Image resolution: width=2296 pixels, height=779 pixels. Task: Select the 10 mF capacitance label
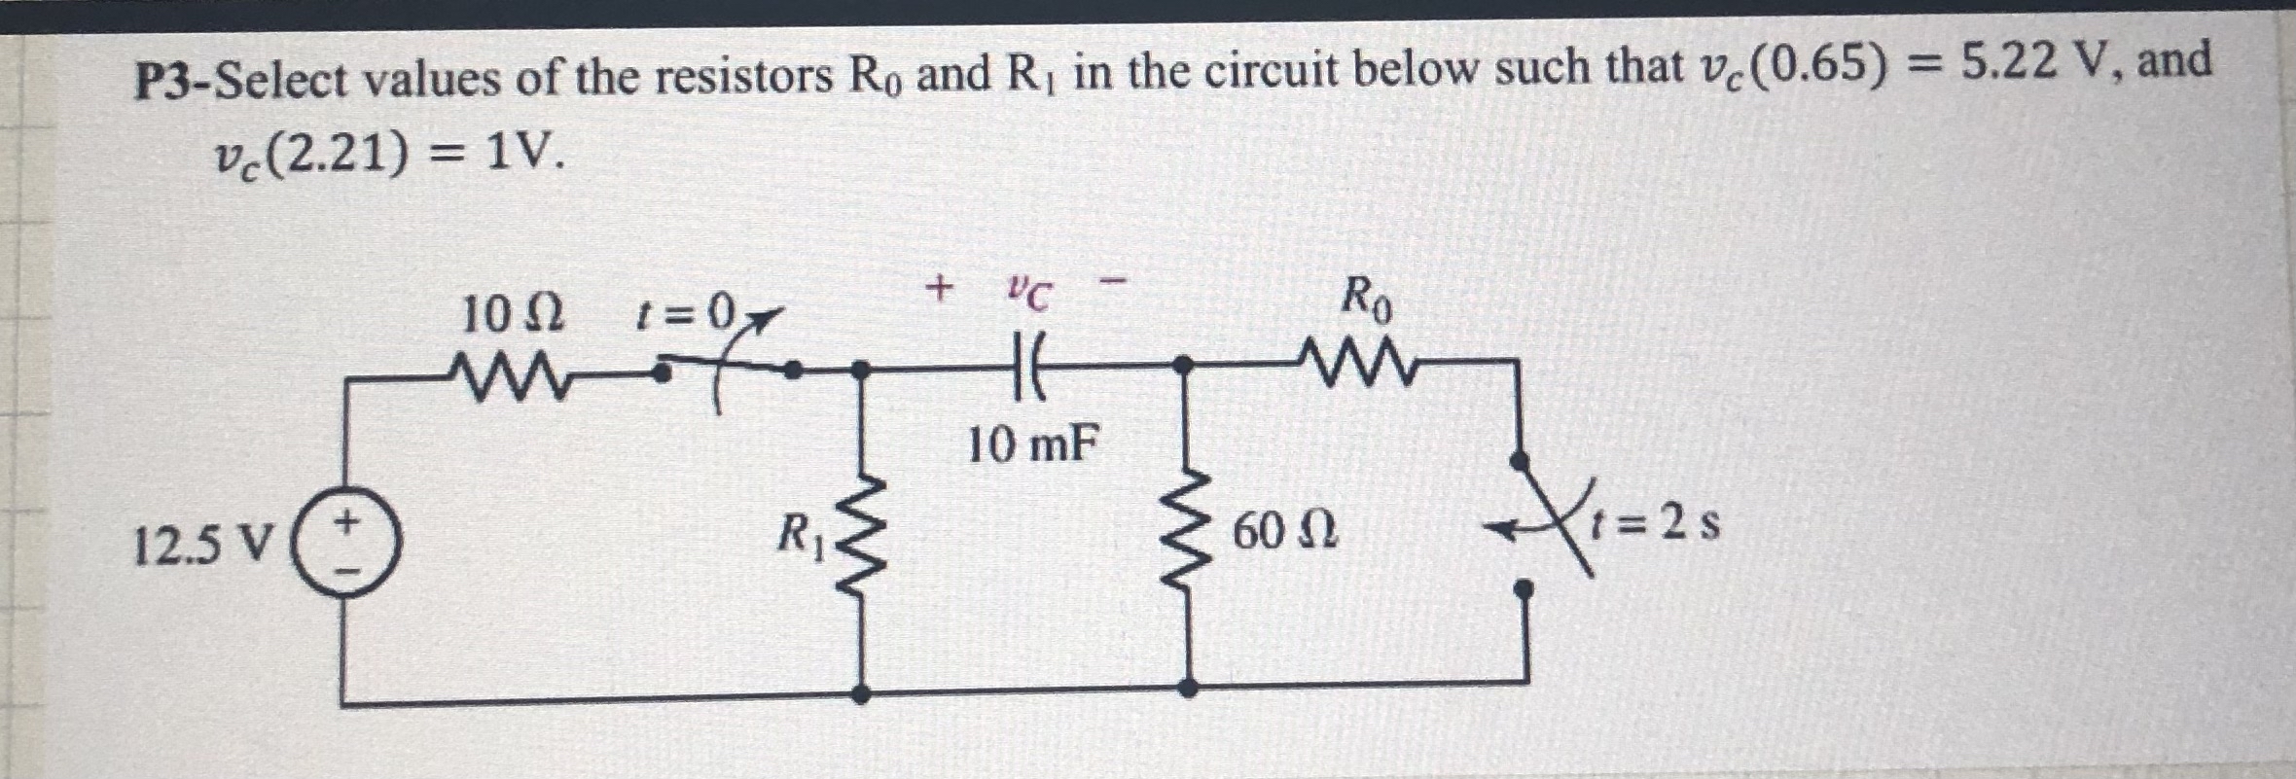pyautogui.click(x=1034, y=446)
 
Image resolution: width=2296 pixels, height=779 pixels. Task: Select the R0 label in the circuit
pyautogui.click(x=1366, y=300)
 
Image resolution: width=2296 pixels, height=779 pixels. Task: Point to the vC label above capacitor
pyautogui.click(x=1028, y=293)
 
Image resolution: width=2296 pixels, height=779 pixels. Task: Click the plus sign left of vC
pyautogui.click(x=939, y=287)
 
